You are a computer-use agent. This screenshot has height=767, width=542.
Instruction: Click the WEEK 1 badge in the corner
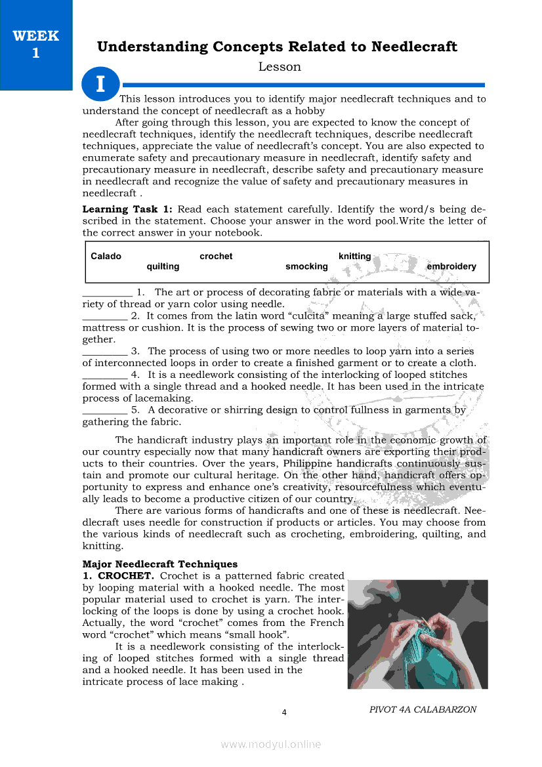36,45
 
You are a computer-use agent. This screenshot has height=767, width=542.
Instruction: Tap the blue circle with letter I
100,84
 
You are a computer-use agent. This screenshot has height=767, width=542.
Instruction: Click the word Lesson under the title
280,67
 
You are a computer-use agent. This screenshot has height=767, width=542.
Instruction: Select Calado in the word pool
106,257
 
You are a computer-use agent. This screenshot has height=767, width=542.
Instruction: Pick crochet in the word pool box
216,257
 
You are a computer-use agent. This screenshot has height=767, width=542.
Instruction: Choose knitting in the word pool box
354,257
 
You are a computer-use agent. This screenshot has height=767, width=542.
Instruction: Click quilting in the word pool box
163,266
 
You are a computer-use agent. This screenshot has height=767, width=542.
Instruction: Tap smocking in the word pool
306,266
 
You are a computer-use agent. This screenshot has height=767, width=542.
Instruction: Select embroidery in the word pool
451,266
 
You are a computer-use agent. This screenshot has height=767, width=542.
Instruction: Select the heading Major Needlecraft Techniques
160,564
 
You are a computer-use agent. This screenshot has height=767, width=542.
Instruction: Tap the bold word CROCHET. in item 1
126,576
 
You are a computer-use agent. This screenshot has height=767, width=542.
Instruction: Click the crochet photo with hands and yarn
417,634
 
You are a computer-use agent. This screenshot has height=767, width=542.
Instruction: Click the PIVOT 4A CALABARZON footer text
423,709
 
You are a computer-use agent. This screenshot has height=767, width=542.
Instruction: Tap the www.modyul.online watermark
271,744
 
